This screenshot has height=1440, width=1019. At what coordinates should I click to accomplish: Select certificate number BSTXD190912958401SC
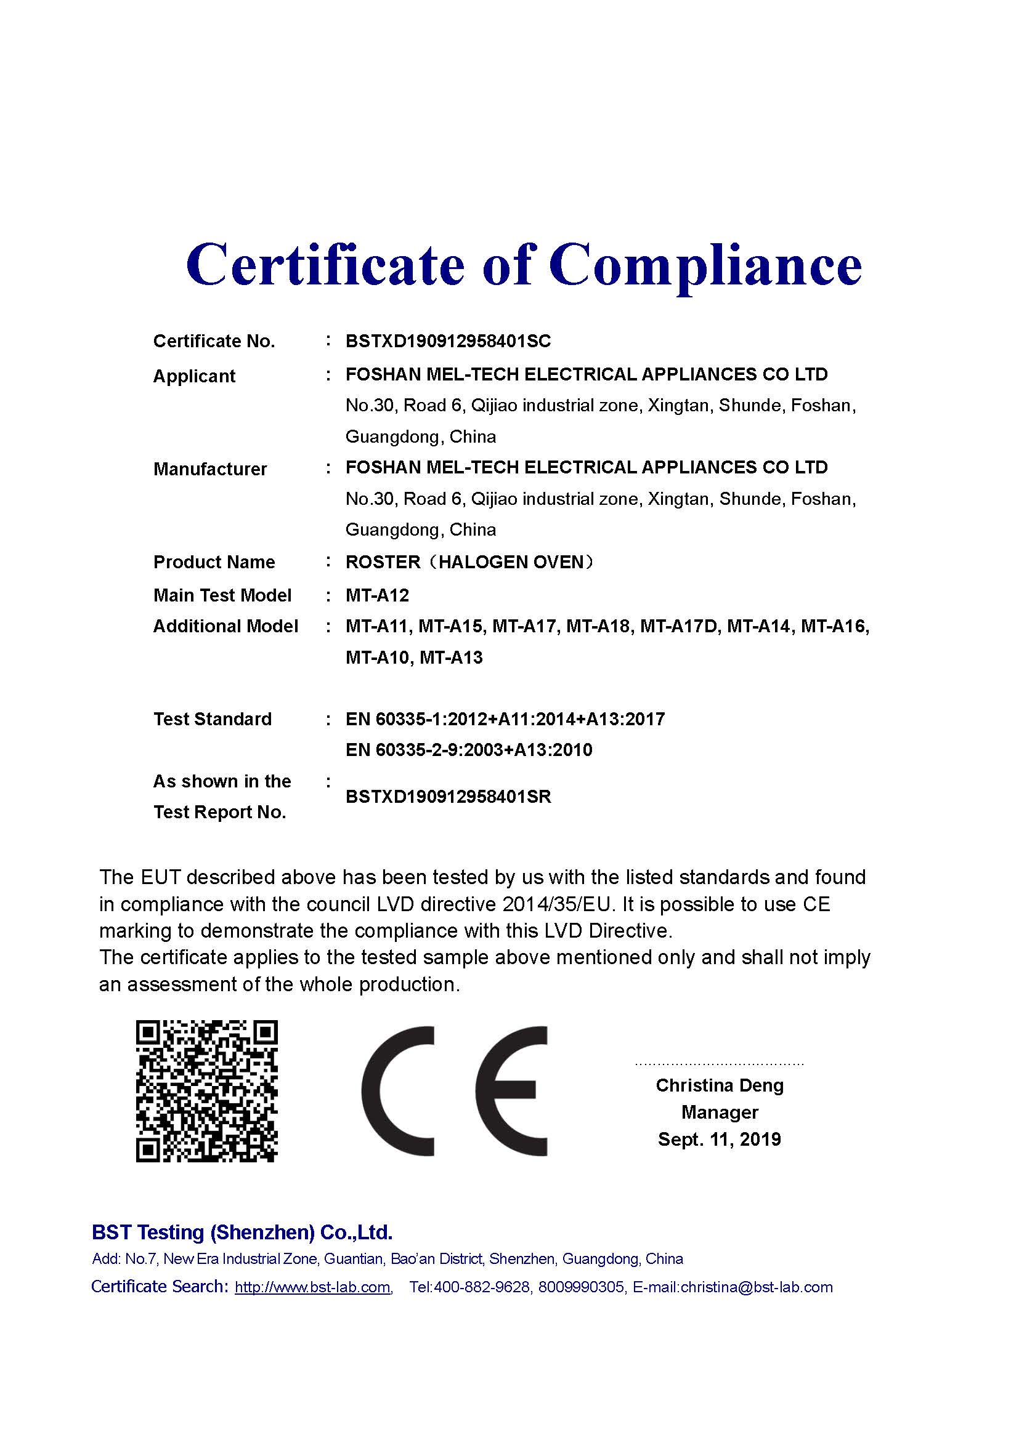click(x=448, y=341)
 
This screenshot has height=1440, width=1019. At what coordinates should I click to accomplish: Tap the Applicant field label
click(x=194, y=376)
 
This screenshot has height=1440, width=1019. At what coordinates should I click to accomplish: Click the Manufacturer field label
click(x=209, y=469)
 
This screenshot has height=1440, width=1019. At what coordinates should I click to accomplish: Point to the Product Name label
click(x=214, y=562)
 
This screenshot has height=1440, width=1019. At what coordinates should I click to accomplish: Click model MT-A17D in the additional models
click(x=679, y=627)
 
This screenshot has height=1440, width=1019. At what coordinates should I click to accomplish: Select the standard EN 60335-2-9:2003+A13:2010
click(x=469, y=750)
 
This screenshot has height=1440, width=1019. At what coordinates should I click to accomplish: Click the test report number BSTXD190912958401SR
click(x=448, y=797)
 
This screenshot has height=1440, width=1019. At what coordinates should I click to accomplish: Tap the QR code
click(x=206, y=1091)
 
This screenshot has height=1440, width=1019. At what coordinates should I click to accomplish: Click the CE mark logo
click(x=453, y=1091)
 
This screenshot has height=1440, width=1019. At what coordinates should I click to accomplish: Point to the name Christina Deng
click(x=720, y=1085)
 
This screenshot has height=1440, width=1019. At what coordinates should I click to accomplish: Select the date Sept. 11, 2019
click(x=719, y=1139)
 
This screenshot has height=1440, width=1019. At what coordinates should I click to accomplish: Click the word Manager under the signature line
click(x=720, y=1112)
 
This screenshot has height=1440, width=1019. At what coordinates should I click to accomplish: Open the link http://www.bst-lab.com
click(x=312, y=1287)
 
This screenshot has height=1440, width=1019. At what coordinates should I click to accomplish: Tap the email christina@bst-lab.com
click(x=756, y=1287)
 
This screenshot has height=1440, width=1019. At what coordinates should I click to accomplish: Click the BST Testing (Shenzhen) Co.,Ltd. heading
click(x=242, y=1233)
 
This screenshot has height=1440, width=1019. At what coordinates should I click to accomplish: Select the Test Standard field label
click(x=212, y=719)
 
